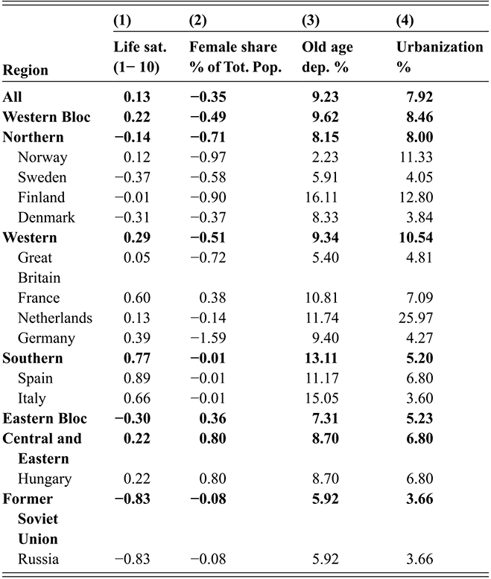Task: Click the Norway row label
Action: click(47, 158)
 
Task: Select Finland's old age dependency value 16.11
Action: click(323, 198)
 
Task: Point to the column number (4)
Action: click(407, 20)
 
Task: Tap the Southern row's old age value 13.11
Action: click(322, 358)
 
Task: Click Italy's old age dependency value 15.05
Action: click(323, 398)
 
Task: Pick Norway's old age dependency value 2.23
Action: click(326, 158)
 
